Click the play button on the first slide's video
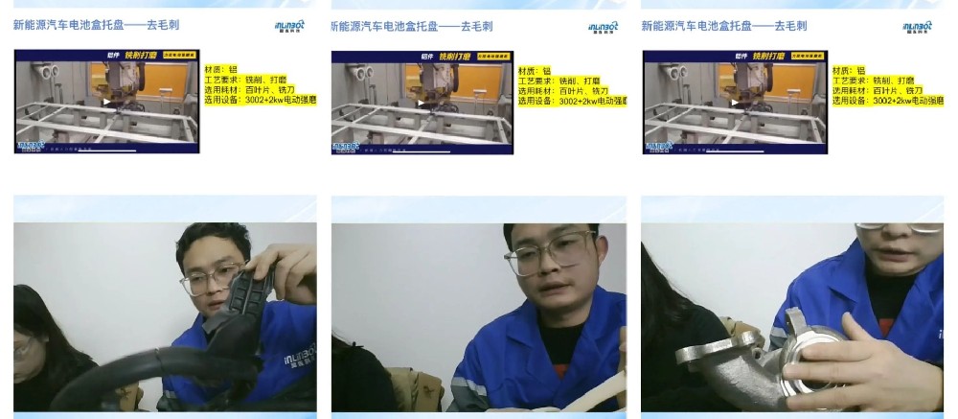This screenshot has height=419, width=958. (x=106, y=102)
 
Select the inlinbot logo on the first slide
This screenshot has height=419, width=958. (x=288, y=27)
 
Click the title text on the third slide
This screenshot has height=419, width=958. (x=724, y=26)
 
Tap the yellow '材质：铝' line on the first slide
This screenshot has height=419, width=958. (x=220, y=70)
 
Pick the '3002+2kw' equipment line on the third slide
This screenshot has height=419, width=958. (x=887, y=101)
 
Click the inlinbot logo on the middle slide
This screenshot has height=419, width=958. (x=603, y=27)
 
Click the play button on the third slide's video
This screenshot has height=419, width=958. (x=734, y=102)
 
